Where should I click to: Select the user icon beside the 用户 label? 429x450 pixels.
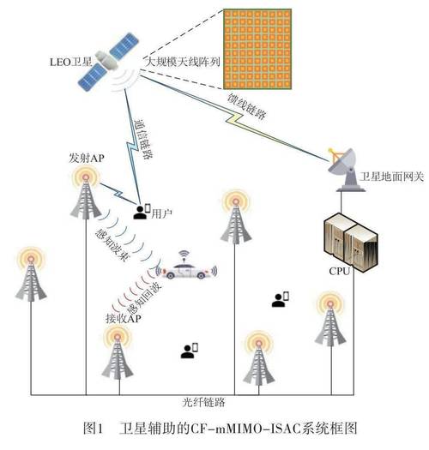(x=142, y=210)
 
